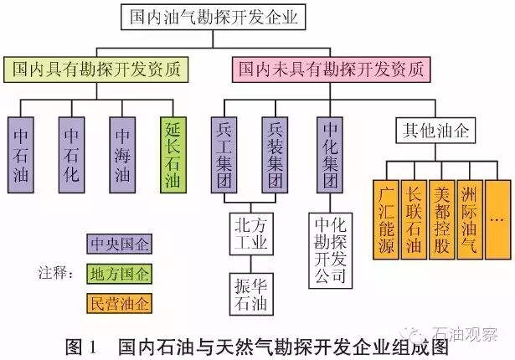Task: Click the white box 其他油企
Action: (x=427, y=130)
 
